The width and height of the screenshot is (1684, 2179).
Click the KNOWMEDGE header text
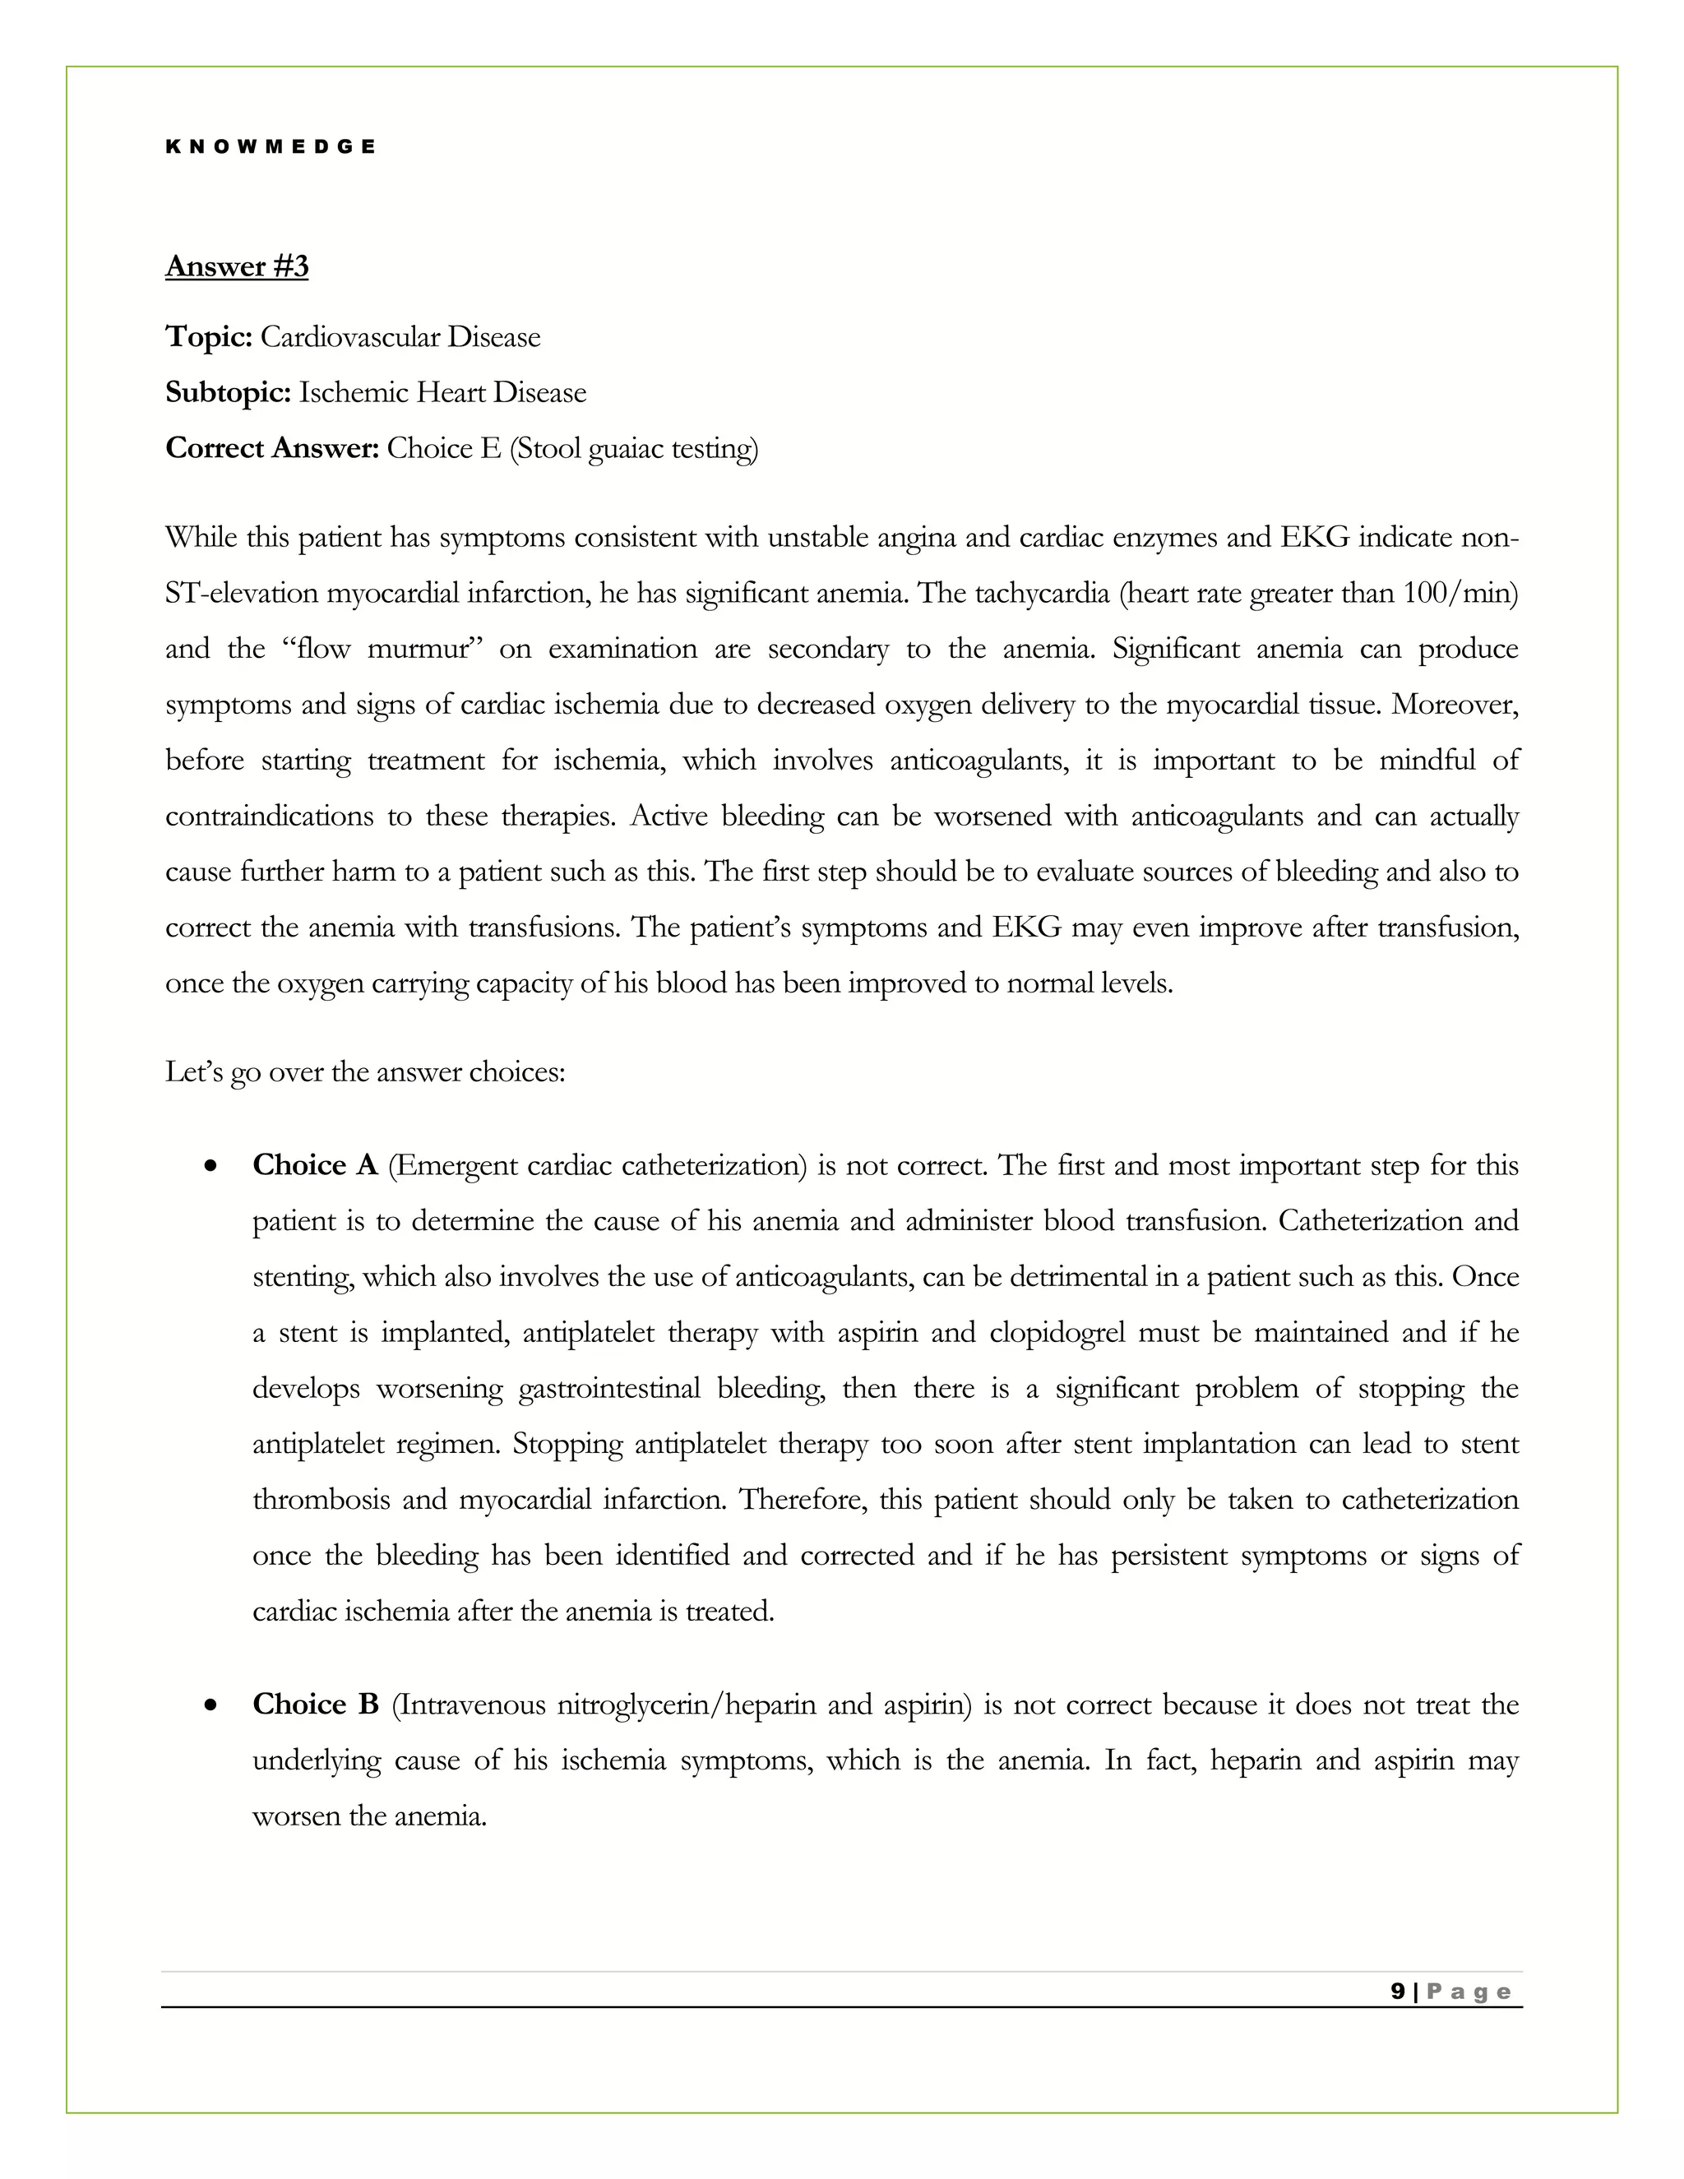[x=270, y=146]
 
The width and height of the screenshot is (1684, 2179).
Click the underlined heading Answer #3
[x=237, y=266]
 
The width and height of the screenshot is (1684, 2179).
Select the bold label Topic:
[x=209, y=337]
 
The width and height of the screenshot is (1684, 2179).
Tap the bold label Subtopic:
[x=228, y=393]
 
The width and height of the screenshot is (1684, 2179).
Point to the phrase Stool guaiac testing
[x=633, y=449]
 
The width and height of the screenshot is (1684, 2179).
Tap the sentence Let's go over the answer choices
[x=365, y=1072]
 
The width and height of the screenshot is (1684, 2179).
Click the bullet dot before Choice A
[x=210, y=1165]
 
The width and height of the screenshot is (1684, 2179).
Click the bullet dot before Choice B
[x=210, y=1705]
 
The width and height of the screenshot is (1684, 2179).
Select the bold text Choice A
[x=314, y=1165]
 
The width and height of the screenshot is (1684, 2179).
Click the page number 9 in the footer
[x=1398, y=1992]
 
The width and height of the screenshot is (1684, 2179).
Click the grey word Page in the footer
[x=1469, y=1992]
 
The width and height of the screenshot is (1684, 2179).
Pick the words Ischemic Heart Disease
[x=442, y=393]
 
